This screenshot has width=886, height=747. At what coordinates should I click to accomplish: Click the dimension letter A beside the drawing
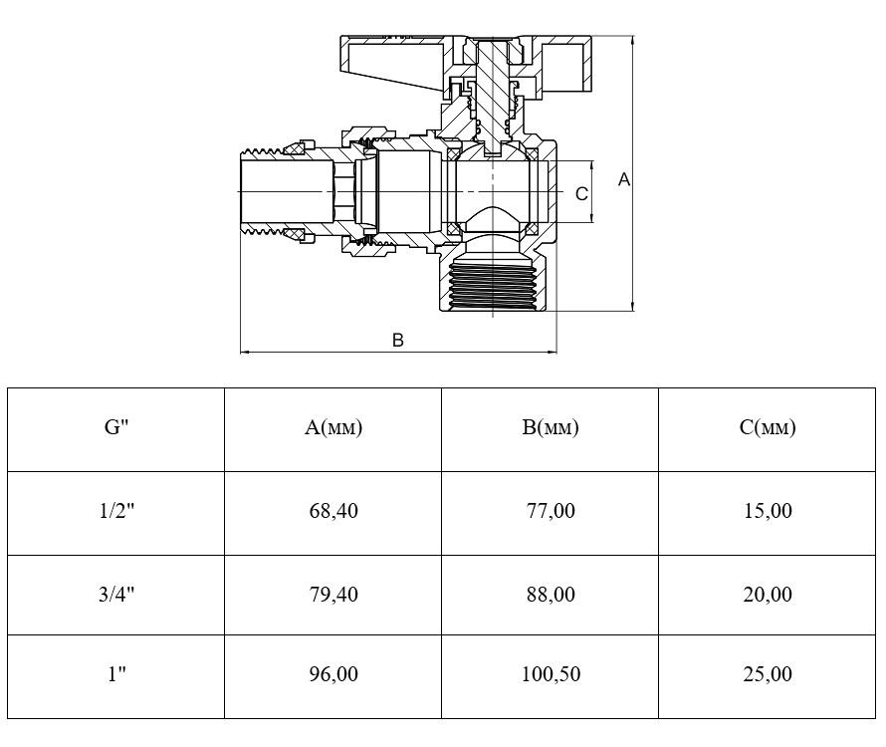624,179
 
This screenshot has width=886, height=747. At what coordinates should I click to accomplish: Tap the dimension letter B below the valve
398,340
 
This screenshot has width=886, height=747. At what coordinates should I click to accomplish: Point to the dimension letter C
581,194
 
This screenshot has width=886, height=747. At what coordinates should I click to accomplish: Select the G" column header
116,427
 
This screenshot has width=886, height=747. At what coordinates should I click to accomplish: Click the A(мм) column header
333,427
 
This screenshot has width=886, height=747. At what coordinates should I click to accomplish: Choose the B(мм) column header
551,427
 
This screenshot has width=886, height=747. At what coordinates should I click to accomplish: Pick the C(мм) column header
768,427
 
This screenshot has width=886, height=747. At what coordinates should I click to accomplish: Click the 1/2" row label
116,511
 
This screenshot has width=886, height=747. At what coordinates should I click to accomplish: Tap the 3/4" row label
116,595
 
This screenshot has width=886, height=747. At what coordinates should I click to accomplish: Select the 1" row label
116,674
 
